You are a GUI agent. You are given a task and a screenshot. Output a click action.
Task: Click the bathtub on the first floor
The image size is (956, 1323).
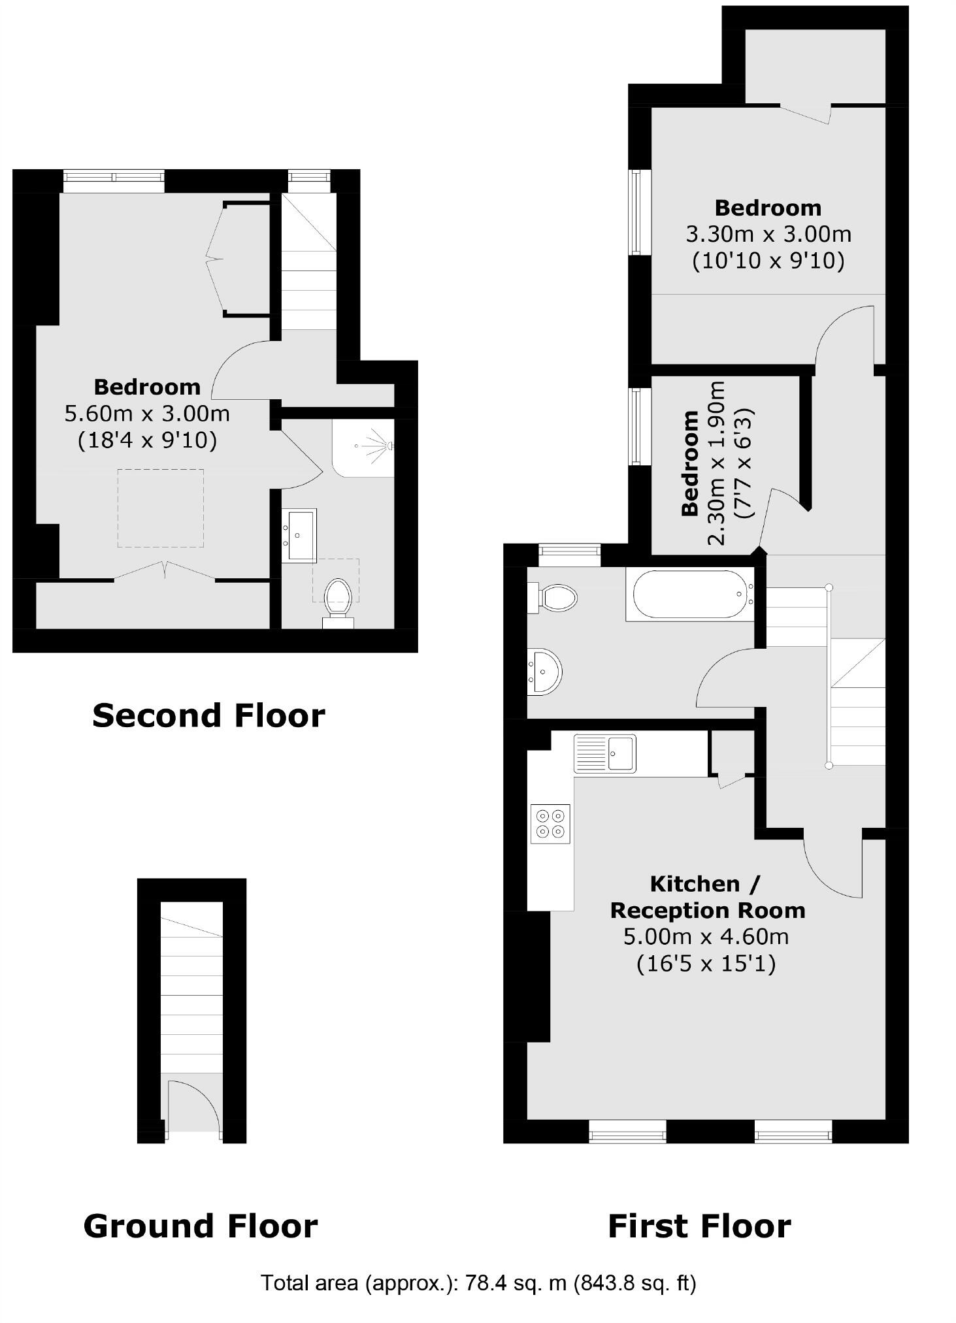click(690, 595)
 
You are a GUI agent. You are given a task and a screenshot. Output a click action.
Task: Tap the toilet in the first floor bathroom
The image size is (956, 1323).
click(555, 597)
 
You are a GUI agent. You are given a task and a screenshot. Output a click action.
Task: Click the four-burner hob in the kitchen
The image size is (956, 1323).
click(550, 823)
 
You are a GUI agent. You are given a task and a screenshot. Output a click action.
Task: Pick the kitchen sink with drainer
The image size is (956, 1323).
click(604, 753)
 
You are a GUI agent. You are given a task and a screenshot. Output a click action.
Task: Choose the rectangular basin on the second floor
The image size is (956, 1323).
click(299, 535)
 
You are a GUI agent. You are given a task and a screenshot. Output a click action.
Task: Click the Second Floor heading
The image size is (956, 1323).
click(208, 715)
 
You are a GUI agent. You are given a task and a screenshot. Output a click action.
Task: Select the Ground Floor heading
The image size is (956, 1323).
click(201, 1226)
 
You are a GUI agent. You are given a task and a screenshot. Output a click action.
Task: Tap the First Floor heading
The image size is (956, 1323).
click(699, 1226)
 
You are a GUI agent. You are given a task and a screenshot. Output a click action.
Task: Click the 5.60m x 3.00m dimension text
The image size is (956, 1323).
click(147, 414)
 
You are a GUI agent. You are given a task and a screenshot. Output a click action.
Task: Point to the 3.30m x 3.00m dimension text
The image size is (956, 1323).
click(768, 234)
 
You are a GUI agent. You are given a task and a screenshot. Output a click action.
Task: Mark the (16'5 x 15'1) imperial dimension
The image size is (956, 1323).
click(706, 964)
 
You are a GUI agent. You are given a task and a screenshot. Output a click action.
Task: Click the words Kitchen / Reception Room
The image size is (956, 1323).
click(707, 897)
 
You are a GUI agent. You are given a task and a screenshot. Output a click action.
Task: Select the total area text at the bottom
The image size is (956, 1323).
click(478, 1283)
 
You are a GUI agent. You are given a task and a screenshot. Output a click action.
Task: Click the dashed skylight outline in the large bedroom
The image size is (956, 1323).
click(160, 508)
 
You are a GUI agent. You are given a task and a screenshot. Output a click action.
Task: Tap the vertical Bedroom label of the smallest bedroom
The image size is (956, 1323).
click(690, 464)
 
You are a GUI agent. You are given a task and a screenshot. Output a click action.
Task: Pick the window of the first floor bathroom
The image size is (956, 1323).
click(569, 555)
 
